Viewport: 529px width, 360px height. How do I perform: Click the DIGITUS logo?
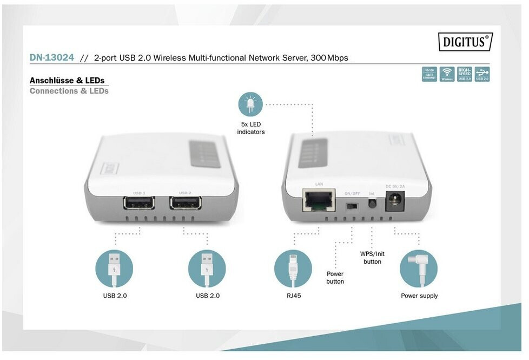click(465, 42)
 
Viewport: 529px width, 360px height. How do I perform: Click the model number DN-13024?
click(52, 57)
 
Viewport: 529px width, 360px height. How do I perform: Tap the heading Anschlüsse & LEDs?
click(67, 81)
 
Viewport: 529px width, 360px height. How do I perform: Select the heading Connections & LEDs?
click(69, 91)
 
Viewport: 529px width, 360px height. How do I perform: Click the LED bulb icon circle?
click(250, 104)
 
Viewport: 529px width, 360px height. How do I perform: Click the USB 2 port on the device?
click(185, 203)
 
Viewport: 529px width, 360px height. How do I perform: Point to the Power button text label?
click(335, 278)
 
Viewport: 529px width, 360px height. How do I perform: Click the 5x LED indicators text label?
click(251, 128)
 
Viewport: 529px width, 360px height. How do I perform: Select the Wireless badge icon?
click(447, 74)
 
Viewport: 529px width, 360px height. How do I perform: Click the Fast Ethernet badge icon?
click(429, 74)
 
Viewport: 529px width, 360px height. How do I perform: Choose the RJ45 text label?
click(293, 296)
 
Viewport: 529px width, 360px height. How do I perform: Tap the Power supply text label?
click(419, 296)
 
